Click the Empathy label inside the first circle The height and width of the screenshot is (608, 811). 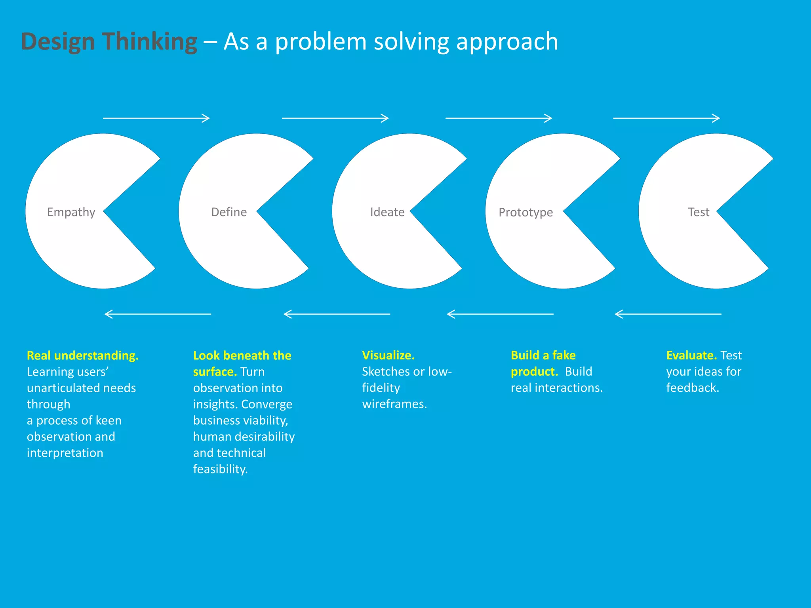click(71, 212)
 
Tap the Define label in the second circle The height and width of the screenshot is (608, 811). click(229, 212)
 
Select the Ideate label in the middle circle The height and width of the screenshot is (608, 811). click(387, 212)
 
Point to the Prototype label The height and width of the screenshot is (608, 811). click(525, 213)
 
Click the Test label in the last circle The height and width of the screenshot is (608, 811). click(698, 212)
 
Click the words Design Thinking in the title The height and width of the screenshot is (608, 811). click(109, 42)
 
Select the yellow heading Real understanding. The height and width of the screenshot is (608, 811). click(82, 355)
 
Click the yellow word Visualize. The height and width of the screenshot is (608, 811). click(388, 355)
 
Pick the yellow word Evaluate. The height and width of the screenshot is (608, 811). click(691, 355)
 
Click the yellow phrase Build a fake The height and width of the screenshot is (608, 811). click(543, 355)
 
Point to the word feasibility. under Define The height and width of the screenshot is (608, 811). click(220, 469)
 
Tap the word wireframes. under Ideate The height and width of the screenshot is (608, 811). click(394, 404)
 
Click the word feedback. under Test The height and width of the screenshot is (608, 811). click(692, 388)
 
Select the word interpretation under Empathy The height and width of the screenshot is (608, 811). click(65, 453)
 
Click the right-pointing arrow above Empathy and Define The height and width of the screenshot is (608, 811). click(156, 118)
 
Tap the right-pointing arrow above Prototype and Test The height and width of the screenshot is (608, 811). click(666, 118)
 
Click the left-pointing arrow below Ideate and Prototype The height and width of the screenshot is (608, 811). click(500, 314)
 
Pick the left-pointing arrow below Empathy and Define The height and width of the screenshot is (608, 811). click(158, 314)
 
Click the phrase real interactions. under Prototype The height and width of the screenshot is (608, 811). click(556, 388)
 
